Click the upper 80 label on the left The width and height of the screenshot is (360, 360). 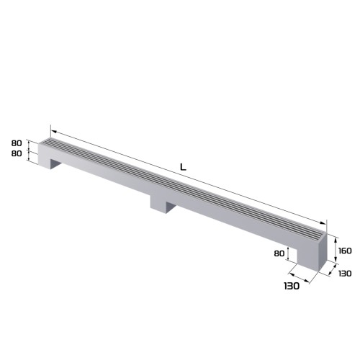point(17,143)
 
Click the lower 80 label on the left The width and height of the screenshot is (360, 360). point(17,153)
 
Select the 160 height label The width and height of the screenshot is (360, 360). point(344,251)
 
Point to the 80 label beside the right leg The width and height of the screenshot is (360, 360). point(279,253)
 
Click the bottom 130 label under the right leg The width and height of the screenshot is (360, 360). point(291,287)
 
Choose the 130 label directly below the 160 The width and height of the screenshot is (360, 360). point(344,273)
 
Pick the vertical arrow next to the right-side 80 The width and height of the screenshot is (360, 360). point(289,253)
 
